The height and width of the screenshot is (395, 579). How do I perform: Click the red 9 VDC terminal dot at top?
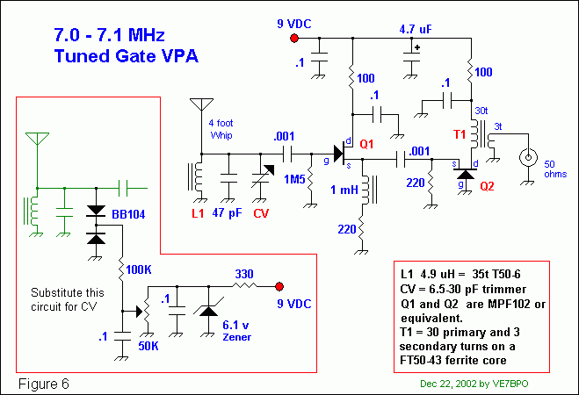(x=294, y=39)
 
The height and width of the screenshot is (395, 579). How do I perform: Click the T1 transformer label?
(x=460, y=134)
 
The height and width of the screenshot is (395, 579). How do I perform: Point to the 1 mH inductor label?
(x=342, y=190)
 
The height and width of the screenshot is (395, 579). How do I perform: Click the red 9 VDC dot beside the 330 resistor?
(x=279, y=287)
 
